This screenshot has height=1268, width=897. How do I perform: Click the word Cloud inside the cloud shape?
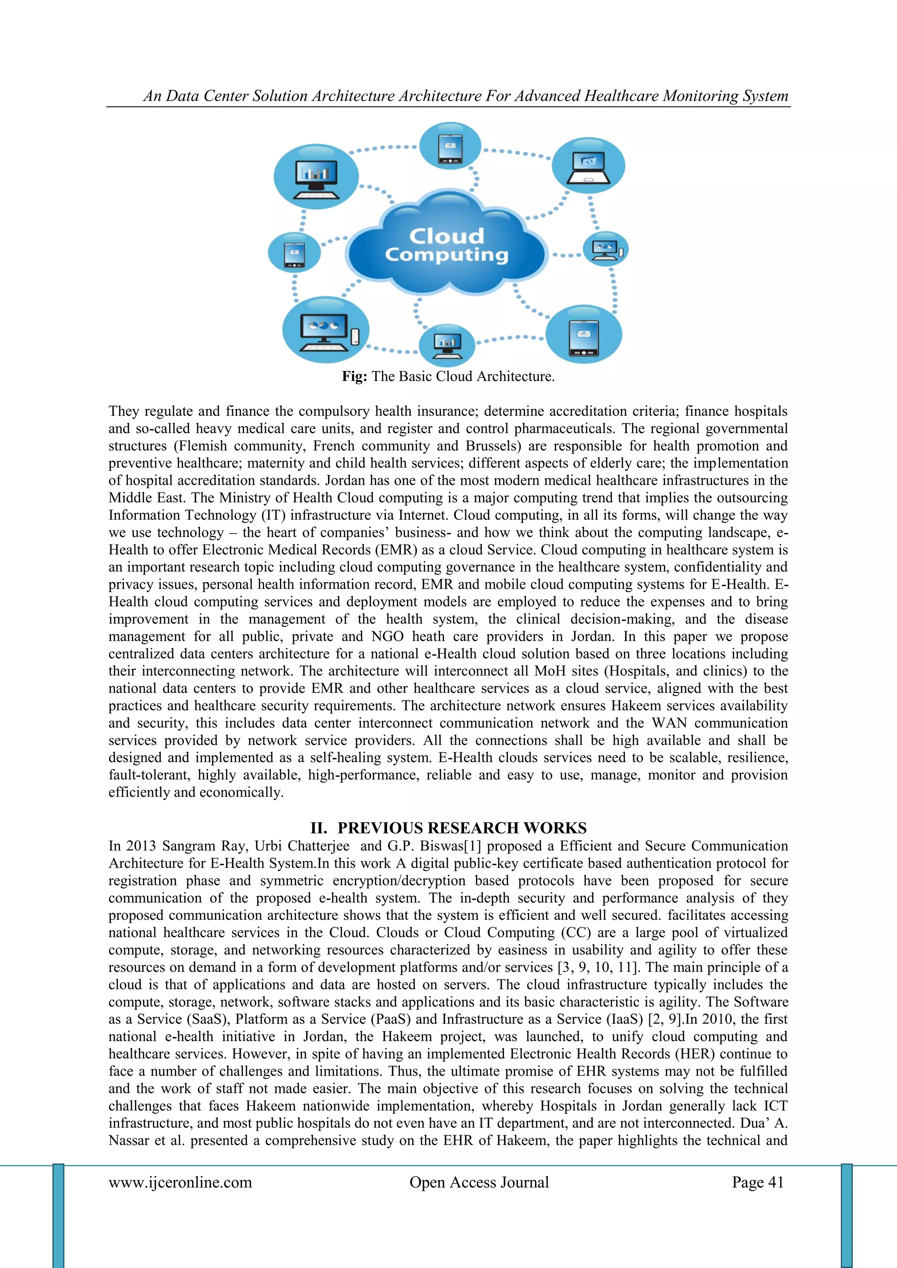pos(446,237)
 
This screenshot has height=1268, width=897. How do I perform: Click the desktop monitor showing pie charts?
pos(324,332)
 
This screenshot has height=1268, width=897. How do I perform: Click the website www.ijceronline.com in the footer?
pos(180,1183)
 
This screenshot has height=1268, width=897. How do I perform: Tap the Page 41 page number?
pos(758,1183)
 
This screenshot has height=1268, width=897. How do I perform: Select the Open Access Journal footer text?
pos(479,1183)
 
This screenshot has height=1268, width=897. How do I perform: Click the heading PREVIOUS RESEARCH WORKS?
pos(462,828)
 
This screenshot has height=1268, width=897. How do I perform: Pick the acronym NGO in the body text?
pos(388,637)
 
